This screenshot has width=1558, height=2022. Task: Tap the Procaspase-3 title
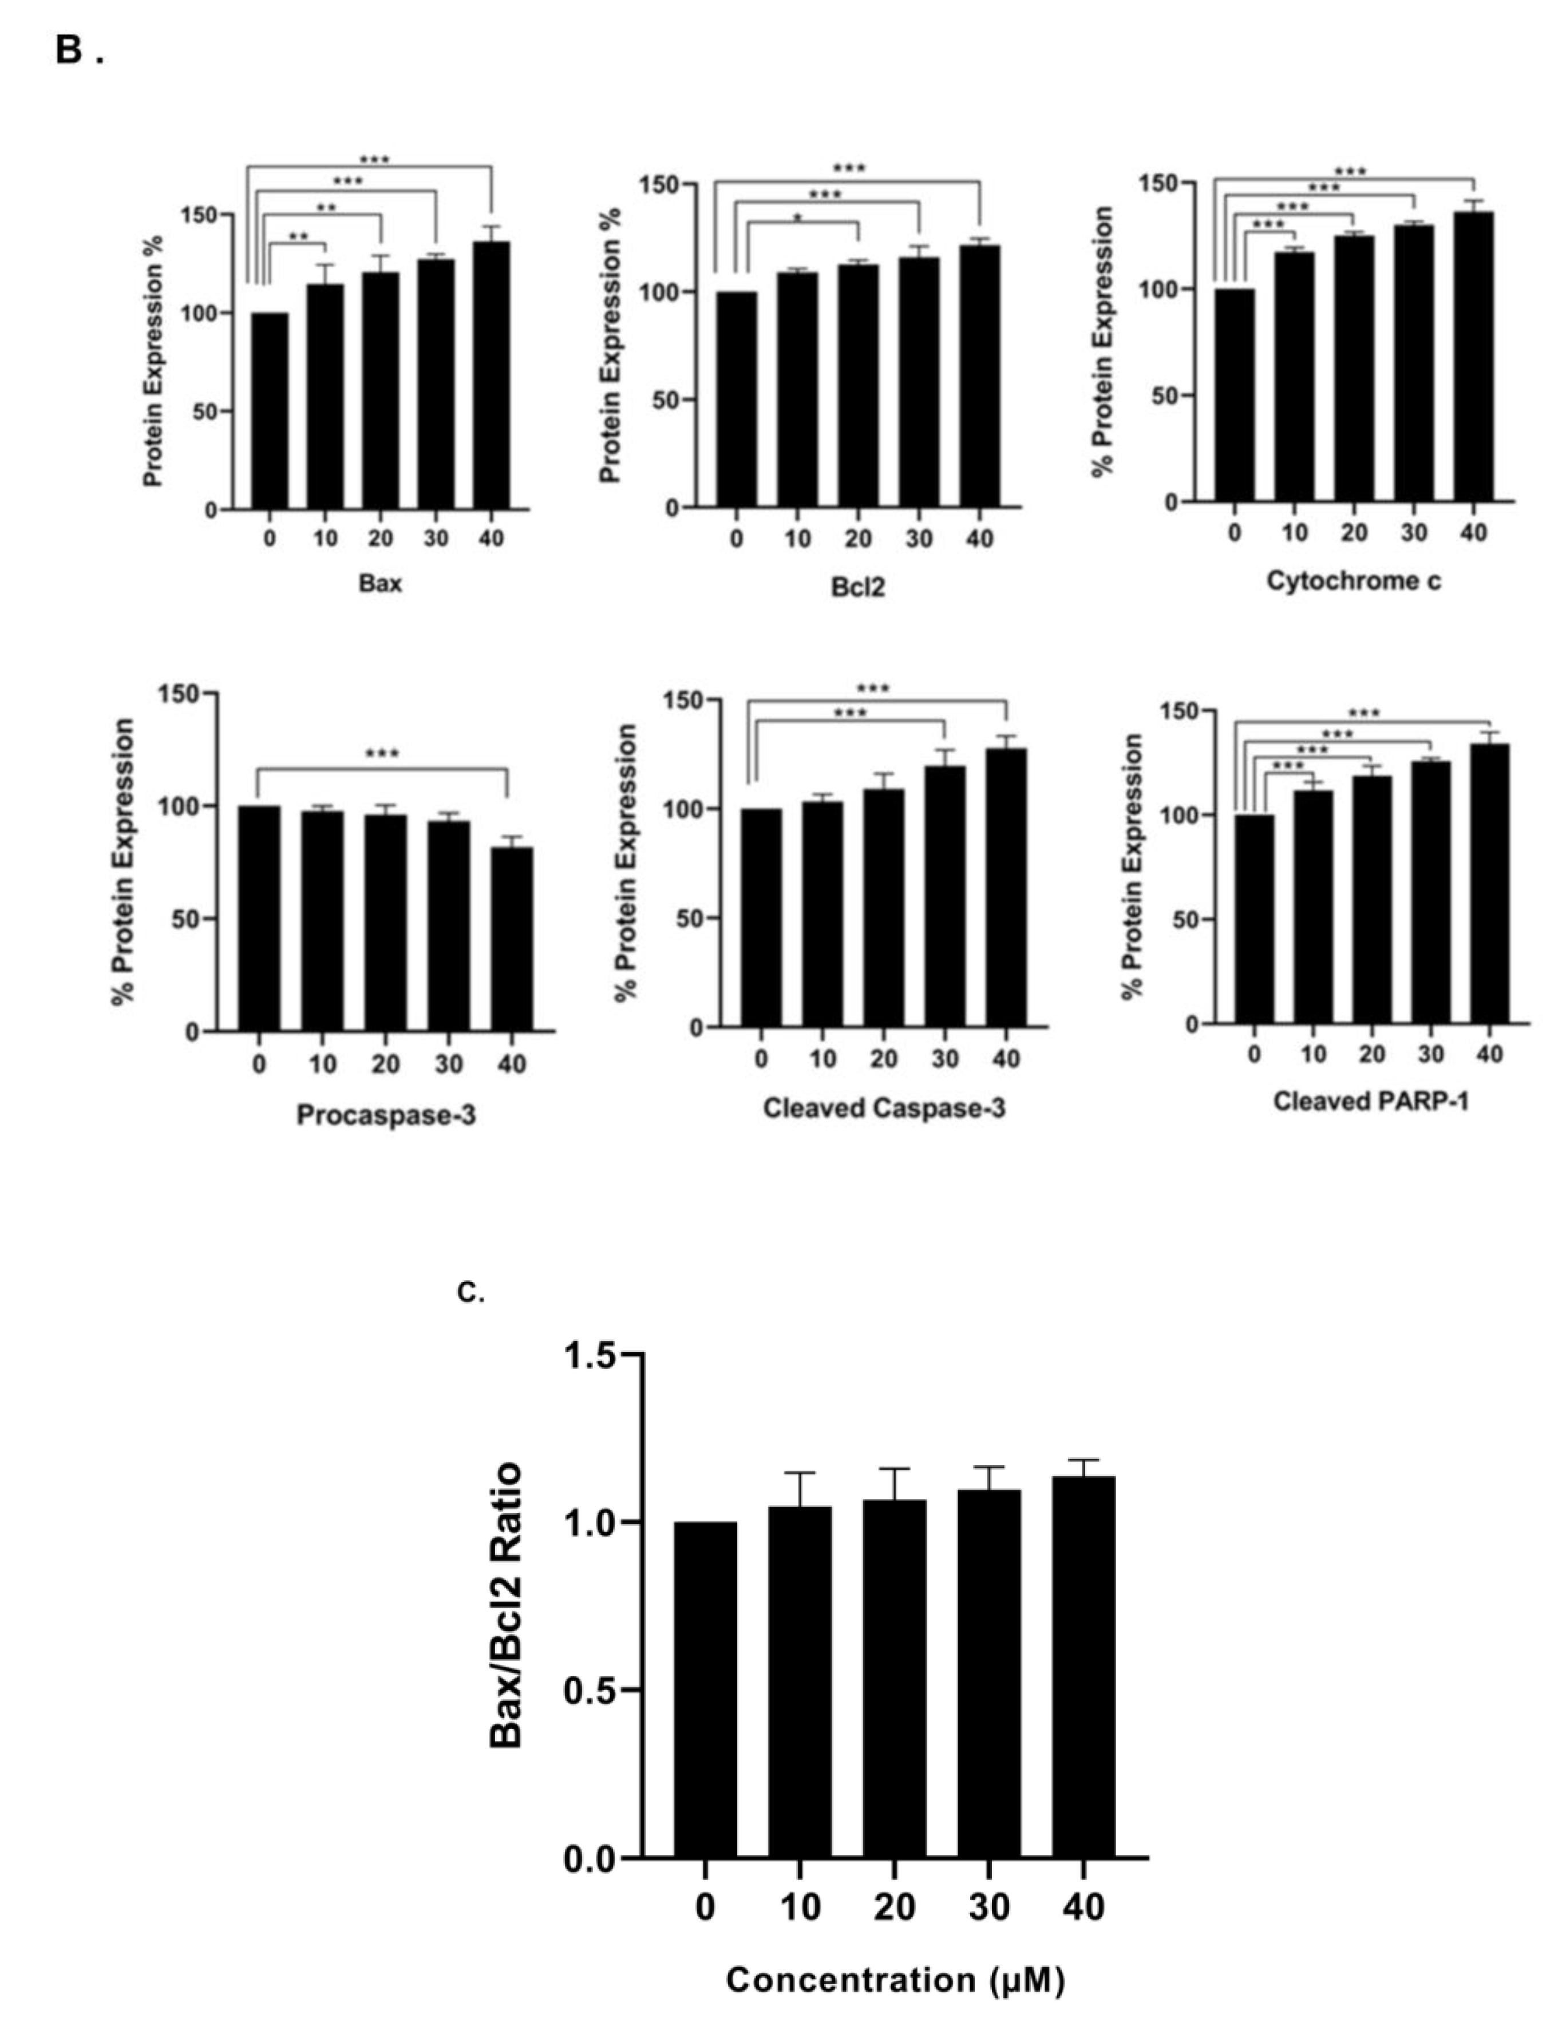pyautogui.click(x=386, y=1115)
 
